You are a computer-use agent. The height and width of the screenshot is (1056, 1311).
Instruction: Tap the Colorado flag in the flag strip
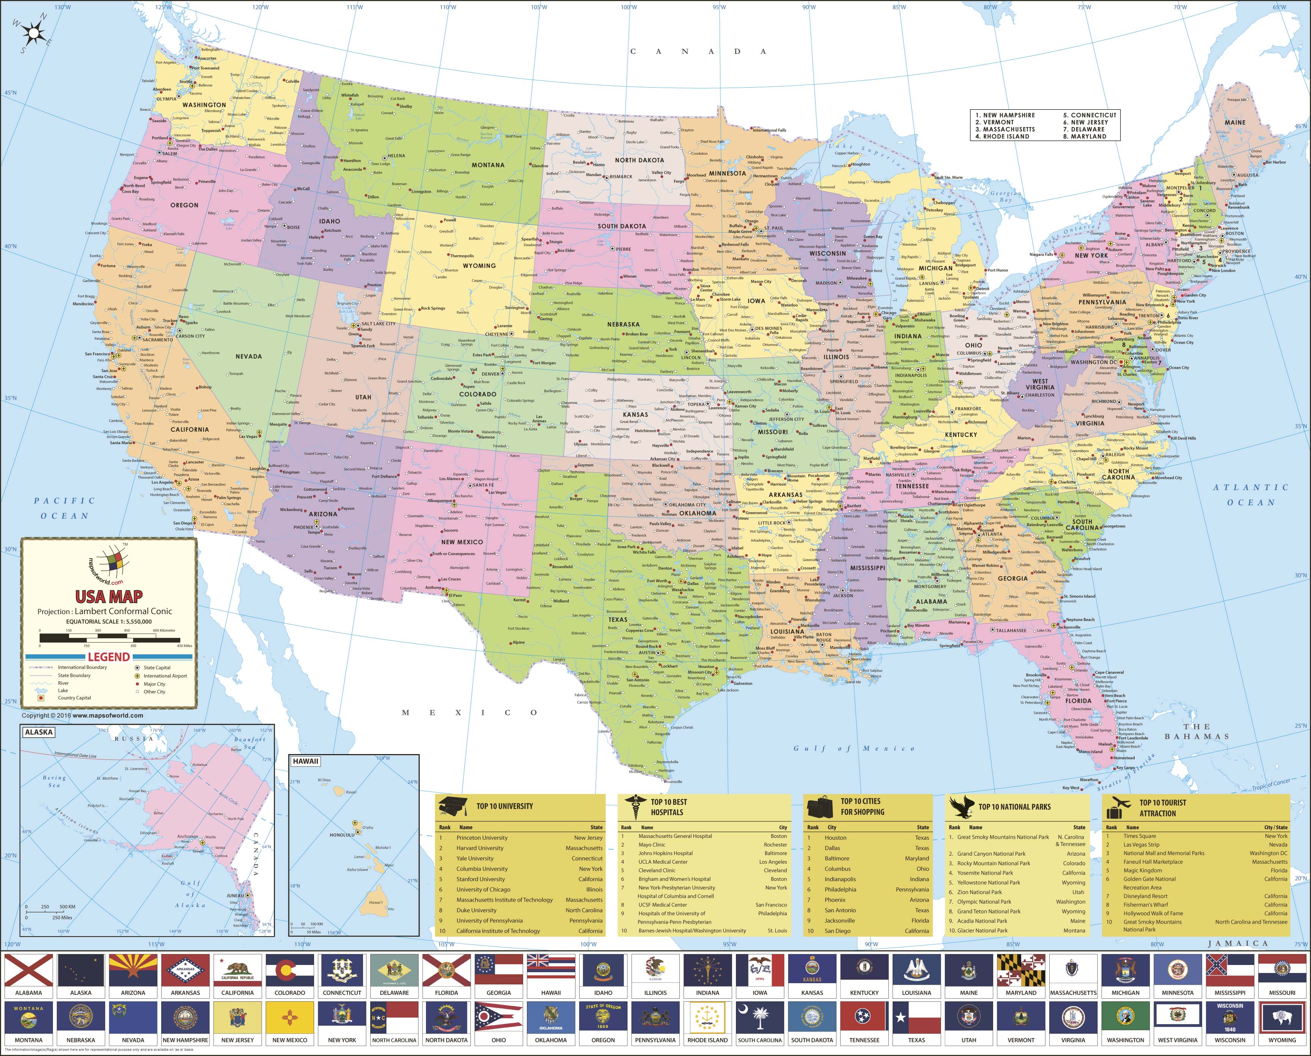[289, 970]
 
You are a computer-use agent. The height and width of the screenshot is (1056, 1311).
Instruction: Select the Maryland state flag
[1021, 970]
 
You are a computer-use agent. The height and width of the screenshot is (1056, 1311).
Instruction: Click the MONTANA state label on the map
[488, 165]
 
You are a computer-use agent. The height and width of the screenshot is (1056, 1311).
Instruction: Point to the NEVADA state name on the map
[249, 357]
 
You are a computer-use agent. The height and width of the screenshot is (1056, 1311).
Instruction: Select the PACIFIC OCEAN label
[64, 508]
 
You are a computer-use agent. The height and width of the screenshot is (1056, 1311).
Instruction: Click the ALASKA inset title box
[38, 732]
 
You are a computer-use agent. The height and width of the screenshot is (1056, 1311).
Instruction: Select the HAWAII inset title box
[305, 761]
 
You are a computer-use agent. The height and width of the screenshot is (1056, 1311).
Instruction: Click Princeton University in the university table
[482, 838]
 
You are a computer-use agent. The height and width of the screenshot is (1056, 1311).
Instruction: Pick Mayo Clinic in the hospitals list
[652, 844]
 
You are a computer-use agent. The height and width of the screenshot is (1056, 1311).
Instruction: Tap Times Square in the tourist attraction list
[1140, 836]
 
